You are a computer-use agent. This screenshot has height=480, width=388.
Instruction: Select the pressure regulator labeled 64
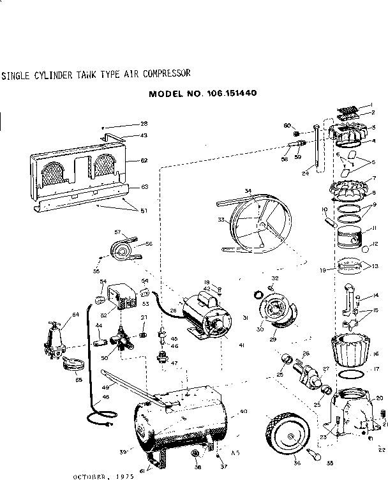point(57,336)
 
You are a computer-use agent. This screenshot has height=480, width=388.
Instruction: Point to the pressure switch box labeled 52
point(119,299)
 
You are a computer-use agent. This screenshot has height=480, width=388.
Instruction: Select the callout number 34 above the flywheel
point(248,191)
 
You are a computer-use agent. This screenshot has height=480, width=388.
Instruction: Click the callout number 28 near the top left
point(144,123)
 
